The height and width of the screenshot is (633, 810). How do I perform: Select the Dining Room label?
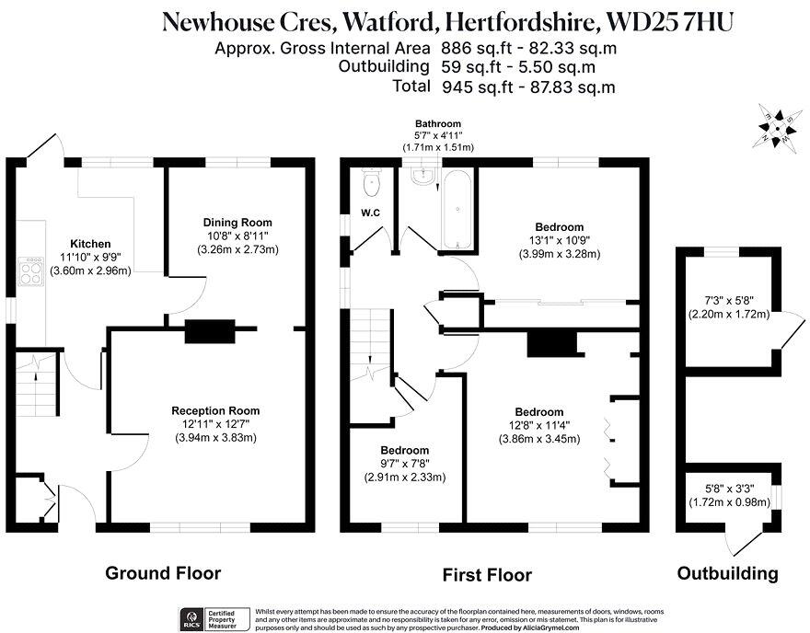click(x=237, y=223)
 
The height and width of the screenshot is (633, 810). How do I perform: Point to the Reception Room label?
click(x=215, y=410)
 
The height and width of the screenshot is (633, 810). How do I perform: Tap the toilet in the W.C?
click(x=371, y=184)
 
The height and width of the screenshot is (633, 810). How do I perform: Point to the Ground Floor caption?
click(x=163, y=573)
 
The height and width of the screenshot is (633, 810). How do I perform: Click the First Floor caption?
click(x=487, y=575)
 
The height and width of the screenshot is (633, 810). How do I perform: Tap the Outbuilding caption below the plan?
click(x=727, y=573)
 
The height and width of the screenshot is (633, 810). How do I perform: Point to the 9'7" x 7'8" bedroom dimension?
click(x=406, y=464)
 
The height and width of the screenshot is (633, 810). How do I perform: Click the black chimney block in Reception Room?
click(x=209, y=331)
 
